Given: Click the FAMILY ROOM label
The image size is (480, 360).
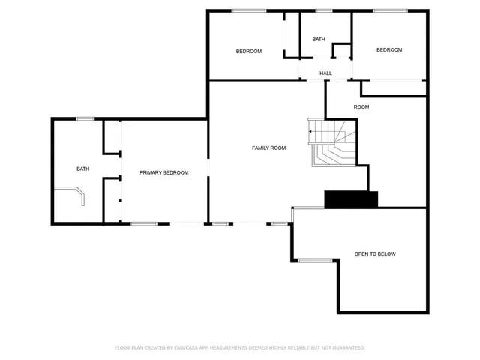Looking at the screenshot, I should coord(268,148).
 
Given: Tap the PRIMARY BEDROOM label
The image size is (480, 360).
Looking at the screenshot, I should coord(163,172).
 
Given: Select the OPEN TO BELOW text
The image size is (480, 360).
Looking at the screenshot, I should coord(375,254).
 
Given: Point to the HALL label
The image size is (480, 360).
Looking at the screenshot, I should coord(325,73).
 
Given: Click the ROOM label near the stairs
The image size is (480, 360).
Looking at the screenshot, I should coord(361,106).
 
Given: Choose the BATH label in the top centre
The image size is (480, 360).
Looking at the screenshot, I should coord(319,40).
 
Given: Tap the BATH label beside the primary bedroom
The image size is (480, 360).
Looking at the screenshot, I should coord(82,169).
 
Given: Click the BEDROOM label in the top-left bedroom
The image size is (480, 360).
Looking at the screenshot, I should coord(248,51).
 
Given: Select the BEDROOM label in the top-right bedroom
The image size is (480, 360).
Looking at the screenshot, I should coord(389,50).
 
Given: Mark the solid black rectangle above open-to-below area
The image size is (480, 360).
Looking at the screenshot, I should coord(351,199).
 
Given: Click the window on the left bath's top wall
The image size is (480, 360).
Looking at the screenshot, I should coord(85,118).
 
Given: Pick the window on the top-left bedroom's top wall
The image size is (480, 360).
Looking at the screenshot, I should coord(249,10).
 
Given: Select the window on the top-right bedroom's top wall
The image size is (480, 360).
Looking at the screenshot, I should coord(389,10).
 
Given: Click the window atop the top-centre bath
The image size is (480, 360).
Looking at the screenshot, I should coord(324,10).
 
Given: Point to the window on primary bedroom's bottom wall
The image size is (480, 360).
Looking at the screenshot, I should coord(143,223).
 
